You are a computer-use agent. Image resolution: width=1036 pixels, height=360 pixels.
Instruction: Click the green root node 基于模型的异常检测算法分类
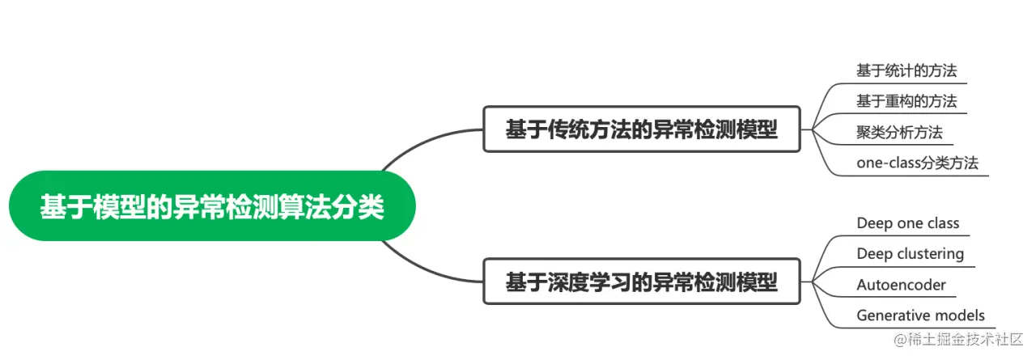(212, 206)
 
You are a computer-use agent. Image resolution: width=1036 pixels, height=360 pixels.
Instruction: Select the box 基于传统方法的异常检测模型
(641, 129)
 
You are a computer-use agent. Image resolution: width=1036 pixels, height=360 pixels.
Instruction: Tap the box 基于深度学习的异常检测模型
(641, 282)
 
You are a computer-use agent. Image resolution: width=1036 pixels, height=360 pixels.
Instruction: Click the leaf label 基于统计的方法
(906, 70)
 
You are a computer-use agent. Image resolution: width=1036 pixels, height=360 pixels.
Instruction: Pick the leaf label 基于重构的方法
(906, 101)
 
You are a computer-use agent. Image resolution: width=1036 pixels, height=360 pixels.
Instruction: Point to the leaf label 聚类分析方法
(899, 132)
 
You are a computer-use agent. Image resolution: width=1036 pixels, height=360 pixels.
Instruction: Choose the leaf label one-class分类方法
(917, 163)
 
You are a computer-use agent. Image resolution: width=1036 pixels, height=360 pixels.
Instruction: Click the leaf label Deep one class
(907, 223)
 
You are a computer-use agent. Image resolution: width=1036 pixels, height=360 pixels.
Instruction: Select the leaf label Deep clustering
(910, 254)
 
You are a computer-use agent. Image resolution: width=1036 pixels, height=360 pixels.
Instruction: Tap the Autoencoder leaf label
(901, 285)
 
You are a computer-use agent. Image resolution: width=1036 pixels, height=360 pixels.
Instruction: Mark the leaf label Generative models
(920, 316)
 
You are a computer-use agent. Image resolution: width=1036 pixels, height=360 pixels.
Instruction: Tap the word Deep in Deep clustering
(875, 254)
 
